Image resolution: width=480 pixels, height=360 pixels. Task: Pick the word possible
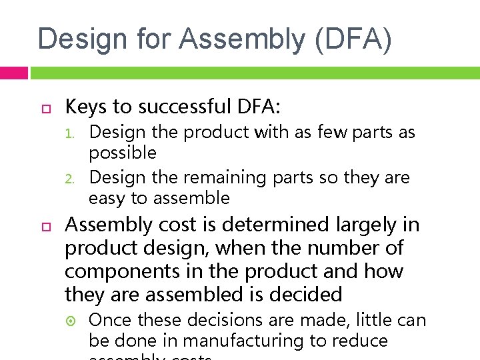tap(123, 153)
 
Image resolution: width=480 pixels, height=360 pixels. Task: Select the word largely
tap(361, 225)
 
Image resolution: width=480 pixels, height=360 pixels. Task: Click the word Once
tap(111, 321)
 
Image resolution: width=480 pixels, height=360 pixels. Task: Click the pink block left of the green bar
tap(13, 73)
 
